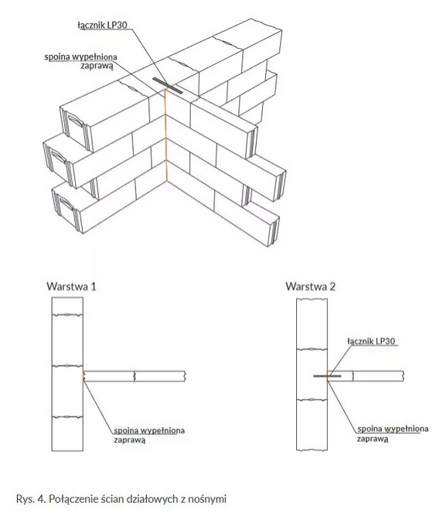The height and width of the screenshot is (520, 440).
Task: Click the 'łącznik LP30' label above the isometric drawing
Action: (x=102, y=26)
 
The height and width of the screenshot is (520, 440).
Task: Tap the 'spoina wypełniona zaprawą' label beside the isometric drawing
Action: (x=81, y=61)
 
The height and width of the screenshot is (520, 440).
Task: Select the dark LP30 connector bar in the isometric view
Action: (x=167, y=85)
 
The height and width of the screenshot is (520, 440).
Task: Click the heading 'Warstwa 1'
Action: (x=71, y=286)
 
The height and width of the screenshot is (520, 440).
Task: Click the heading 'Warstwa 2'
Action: (x=310, y=286)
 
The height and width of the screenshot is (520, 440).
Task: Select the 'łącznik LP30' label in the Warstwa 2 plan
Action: (x=371, y=341)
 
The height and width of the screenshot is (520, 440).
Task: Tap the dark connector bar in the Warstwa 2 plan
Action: (x=327, y=376)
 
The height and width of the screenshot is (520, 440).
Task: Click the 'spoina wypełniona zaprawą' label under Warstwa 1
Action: (x=149, y=435)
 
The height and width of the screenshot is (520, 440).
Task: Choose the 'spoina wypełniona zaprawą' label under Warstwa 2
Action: (x=393, y=433)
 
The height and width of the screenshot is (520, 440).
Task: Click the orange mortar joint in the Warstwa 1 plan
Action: (x=84, y=376)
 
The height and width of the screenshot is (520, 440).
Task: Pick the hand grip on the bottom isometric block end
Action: (x=67, y=203)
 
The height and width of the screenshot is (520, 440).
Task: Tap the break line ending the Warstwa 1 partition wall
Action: (x=185, y=376)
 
